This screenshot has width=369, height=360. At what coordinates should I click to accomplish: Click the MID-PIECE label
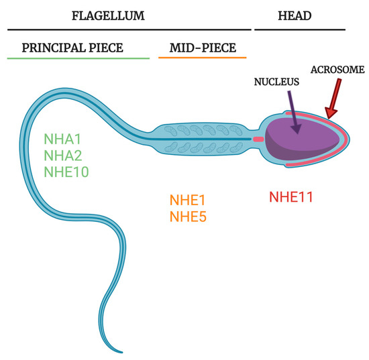(201, 48)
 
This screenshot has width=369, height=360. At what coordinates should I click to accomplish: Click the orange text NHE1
(188, 200)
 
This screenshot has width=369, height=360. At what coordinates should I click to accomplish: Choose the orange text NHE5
(188, 216)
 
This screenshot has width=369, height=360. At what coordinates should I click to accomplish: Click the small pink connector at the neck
(258, 139)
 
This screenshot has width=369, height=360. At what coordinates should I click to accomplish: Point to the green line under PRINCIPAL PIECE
(78, 58)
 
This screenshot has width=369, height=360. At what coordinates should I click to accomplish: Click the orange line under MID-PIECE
(201, 58)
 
